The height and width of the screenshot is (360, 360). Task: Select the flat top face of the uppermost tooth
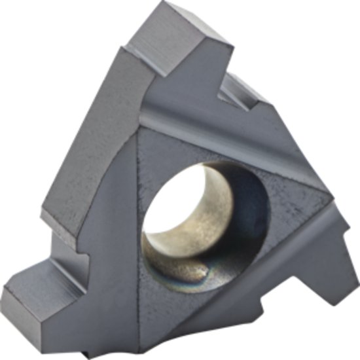tap(177, 33)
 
